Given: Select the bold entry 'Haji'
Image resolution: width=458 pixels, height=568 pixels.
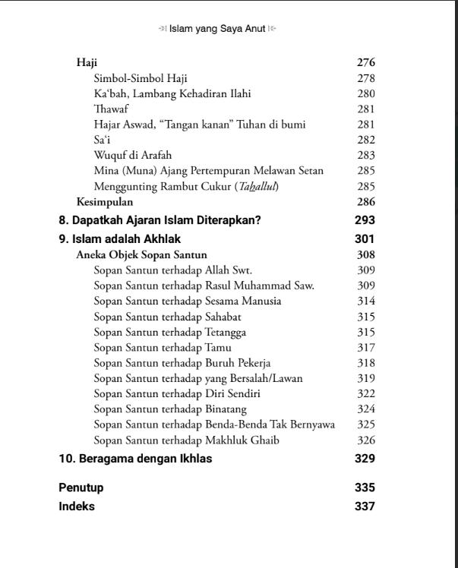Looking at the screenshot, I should pos(87,63).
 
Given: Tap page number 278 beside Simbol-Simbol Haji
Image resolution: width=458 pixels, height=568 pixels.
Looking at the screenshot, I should pos(366,78).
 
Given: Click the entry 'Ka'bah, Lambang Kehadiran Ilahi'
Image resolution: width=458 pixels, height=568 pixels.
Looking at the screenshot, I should pos(172,94).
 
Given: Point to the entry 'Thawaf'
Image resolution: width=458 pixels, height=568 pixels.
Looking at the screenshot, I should pos(111,109).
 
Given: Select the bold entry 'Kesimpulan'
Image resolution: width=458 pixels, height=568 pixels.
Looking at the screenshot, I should pos(105,202).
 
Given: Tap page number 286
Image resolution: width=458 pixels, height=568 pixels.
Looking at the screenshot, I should pos(366,202).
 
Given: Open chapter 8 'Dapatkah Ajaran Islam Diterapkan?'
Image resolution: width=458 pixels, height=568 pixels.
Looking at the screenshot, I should pos(160,220).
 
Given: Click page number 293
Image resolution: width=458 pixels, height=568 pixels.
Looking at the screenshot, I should pos(365,220).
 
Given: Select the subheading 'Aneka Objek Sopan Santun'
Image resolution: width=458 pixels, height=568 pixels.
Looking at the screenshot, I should pos(141,255).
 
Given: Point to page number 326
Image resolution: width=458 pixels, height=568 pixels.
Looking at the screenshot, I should pos(366,440).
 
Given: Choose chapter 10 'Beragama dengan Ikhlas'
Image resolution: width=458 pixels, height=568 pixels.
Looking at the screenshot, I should pos(135,459).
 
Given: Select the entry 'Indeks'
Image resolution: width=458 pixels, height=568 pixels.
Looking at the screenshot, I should pos(77,506).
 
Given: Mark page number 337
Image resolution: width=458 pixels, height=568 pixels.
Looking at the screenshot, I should pos(365,506).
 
